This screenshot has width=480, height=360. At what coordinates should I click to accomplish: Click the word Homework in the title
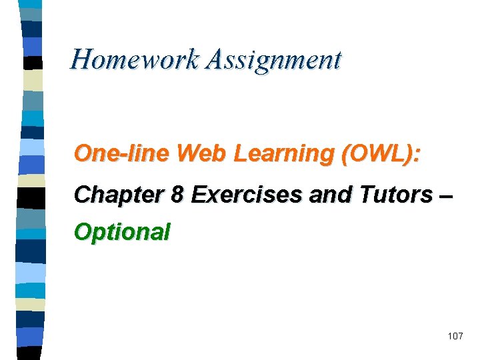click(135, 60)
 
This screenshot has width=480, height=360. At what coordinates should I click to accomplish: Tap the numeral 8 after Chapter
click(177, 195)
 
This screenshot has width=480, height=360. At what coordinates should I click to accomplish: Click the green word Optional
click(123, 233)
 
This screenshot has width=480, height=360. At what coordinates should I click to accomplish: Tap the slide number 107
click(455, 336)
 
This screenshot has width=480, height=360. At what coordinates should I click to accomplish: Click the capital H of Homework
click(82, 60)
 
